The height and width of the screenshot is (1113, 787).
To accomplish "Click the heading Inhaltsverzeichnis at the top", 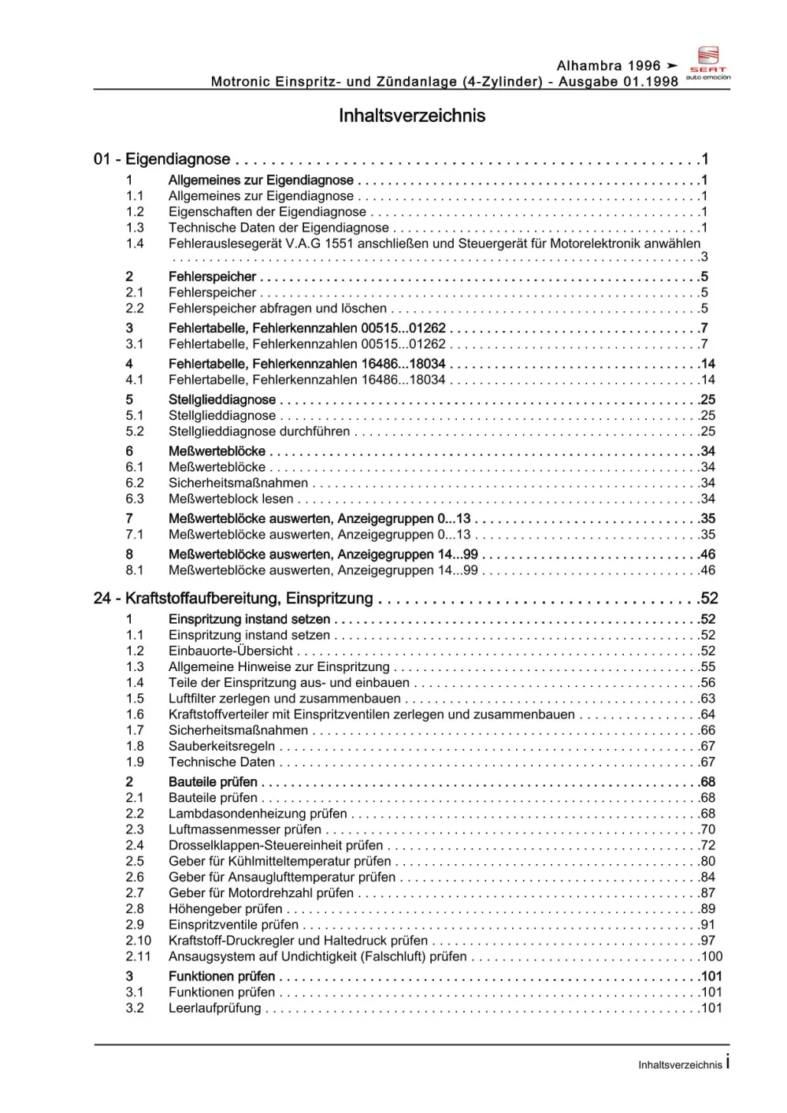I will [x=411, y=116].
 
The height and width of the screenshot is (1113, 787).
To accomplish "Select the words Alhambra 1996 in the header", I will [x=608, y=66].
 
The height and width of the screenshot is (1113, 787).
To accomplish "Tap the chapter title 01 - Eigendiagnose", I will [x=162, y=159].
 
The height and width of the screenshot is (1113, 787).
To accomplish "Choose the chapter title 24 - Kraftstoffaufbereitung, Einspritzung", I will [x=233, y=599].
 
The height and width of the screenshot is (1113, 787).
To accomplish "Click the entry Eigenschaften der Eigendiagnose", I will [x=267, y=212].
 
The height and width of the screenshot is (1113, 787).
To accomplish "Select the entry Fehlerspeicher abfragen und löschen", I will [x=277, y=309].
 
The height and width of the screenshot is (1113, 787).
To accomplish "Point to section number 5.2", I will [x=135, y=432].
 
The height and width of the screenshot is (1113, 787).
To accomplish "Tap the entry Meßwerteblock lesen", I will [x=231, y=499].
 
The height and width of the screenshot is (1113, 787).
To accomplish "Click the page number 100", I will [x=711, y=956].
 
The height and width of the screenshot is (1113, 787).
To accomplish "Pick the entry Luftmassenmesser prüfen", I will [x=245, y=829].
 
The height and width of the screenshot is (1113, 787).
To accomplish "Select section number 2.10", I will [x=138, y=940].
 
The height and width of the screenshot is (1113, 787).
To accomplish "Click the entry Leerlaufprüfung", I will [x=214, y=1008].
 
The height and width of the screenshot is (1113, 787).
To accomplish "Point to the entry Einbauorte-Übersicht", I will [x=231, y=651].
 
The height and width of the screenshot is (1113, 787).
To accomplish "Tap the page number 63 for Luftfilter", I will [x=707, y=699].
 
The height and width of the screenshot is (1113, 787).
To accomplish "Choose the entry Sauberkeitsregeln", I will [x=222, y=746].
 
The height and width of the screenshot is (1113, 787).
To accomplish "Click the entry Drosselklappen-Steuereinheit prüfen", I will [x=276, y=845].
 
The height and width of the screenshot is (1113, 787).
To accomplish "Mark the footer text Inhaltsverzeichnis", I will [x=680, y=1065].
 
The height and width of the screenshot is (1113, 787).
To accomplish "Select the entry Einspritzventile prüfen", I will [x=233, y=925].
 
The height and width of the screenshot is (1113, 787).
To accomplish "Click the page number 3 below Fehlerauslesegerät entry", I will [x=704, y=258].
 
